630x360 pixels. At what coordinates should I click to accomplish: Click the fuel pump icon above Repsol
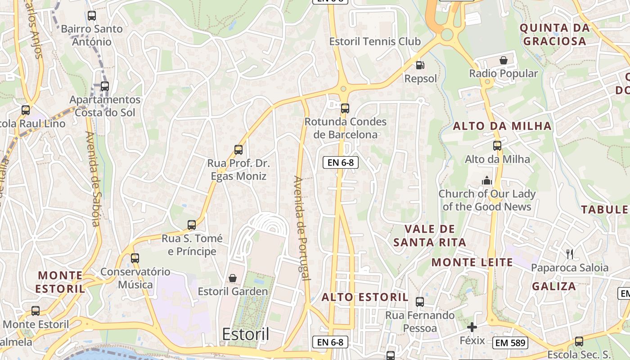pos(420,65)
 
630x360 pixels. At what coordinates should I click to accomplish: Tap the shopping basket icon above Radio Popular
pos(504,60)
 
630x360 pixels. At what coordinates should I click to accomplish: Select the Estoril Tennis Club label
pos(375,41)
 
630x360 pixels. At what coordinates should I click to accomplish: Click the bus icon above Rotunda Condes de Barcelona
pos(345,108)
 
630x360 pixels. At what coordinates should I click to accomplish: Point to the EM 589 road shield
pos(509,343)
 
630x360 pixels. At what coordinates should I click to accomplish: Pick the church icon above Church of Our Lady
pos(487,181)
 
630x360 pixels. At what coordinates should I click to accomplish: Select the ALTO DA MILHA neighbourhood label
pos(502,126)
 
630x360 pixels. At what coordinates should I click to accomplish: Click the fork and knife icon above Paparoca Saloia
pos(570,254)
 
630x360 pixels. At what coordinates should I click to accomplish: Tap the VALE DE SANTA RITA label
pos(429,236)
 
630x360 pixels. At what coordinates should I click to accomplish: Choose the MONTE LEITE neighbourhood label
pos(472,262)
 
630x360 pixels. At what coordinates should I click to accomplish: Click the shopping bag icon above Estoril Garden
pos(233,279)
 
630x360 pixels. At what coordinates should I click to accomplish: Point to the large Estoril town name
pos(246,334)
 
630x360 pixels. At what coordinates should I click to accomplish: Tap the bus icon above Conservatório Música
pos(135,258)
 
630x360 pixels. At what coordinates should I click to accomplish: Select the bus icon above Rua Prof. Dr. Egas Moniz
pos(238,150)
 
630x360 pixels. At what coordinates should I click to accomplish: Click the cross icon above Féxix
pos(472,327)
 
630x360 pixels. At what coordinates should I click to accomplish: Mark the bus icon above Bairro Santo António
pos(92,16)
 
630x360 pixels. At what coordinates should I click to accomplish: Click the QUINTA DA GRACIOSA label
pos(554,35)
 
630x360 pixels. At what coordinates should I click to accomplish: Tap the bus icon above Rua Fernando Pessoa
pos(420,302)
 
